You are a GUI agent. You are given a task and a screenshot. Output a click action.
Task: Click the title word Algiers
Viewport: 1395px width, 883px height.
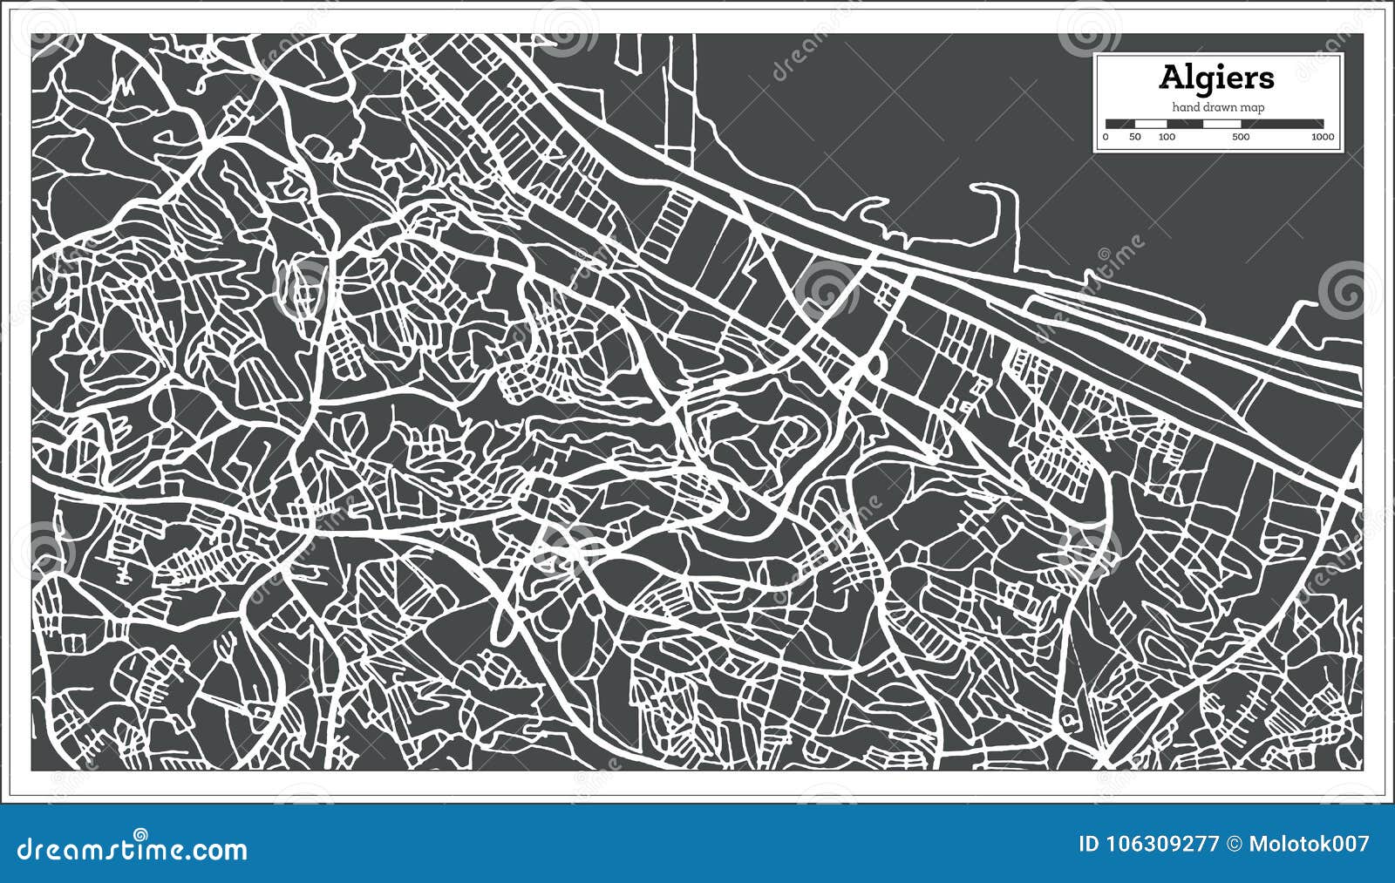click(x=1216, y=78)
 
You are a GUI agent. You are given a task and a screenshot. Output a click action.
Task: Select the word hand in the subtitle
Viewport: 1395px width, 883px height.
click(x=1186, y=107)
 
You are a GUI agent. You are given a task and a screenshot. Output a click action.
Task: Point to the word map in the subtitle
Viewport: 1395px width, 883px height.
click(x=1254, y=107)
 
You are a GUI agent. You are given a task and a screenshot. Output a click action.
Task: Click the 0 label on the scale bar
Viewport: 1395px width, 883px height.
click(x=1106, y=137)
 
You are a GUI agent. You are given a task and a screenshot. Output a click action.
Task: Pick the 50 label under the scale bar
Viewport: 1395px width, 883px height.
click(x=1134, y=137)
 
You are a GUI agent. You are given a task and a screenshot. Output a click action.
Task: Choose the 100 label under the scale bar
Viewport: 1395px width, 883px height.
click(x=1167, y=137)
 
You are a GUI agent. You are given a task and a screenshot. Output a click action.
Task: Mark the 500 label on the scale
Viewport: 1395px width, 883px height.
click(x=1241, y=137)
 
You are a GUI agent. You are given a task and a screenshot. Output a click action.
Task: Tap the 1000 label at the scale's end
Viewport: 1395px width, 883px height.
click(x=1322, y=137)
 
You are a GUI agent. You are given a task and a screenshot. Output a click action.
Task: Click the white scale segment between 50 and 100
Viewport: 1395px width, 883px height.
click(x=1150, y=124)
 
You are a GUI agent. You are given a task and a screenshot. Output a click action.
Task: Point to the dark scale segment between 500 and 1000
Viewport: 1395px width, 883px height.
click(x=1282, y=124)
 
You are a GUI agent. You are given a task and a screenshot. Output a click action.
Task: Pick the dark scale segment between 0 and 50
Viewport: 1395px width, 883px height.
click(x=1119, y=124)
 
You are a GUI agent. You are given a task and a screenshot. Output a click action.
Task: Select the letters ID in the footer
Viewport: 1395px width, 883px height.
click(x=1089, y=845)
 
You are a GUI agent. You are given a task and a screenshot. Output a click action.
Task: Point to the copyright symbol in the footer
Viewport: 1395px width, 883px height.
click(x=1235, y=845)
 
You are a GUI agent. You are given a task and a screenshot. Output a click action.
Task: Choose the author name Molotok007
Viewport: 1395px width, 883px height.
click(x=1309, y=845)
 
